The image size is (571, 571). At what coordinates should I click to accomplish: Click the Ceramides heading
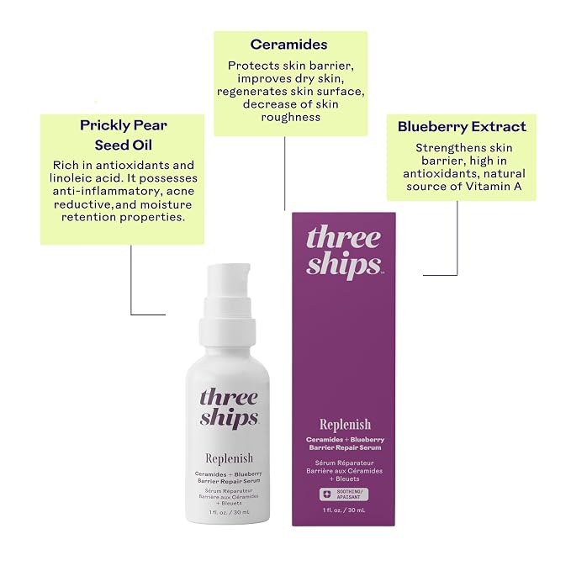tap(288, 45)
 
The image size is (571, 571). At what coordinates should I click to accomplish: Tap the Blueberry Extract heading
tap(462, 126)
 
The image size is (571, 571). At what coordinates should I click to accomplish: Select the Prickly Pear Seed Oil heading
tap(124, 135)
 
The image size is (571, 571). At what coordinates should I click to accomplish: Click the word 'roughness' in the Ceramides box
tap(291, 117)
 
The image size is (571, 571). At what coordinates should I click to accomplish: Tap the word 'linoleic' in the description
tap(71, 178)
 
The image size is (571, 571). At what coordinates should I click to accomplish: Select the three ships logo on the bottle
tap(229, 408)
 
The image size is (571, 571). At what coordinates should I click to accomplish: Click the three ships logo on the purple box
tap(344, 252)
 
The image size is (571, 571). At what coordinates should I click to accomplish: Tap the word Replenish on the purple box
tap(346, 425)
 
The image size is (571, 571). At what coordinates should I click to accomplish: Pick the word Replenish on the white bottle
tap(229, 458)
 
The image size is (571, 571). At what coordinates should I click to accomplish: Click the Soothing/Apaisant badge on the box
tap(344, 494)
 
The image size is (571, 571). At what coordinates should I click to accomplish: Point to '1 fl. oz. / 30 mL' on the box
tap(344, 510)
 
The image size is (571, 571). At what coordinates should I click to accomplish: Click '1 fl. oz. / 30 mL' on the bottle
tap(229, 512)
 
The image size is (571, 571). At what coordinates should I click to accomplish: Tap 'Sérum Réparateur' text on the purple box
tap(344, 463)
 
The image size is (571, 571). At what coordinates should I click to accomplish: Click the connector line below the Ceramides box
tap(285, 173)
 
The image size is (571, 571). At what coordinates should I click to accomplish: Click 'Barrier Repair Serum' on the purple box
tap(345, 447)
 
